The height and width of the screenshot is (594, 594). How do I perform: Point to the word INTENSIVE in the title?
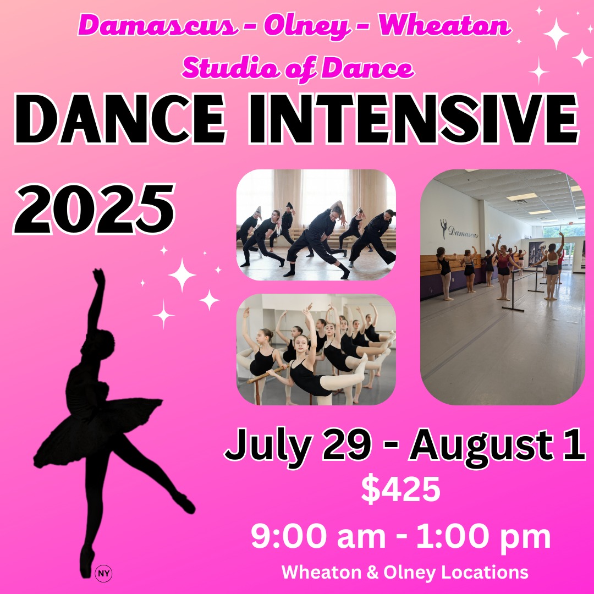tap(414, 119)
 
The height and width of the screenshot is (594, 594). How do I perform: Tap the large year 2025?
tap(95, 209)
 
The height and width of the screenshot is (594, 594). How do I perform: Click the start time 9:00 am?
tap(318, 536)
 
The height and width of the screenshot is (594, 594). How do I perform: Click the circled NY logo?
tap(103, 574)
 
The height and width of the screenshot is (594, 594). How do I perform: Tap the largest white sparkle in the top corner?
tap(556, 34)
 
